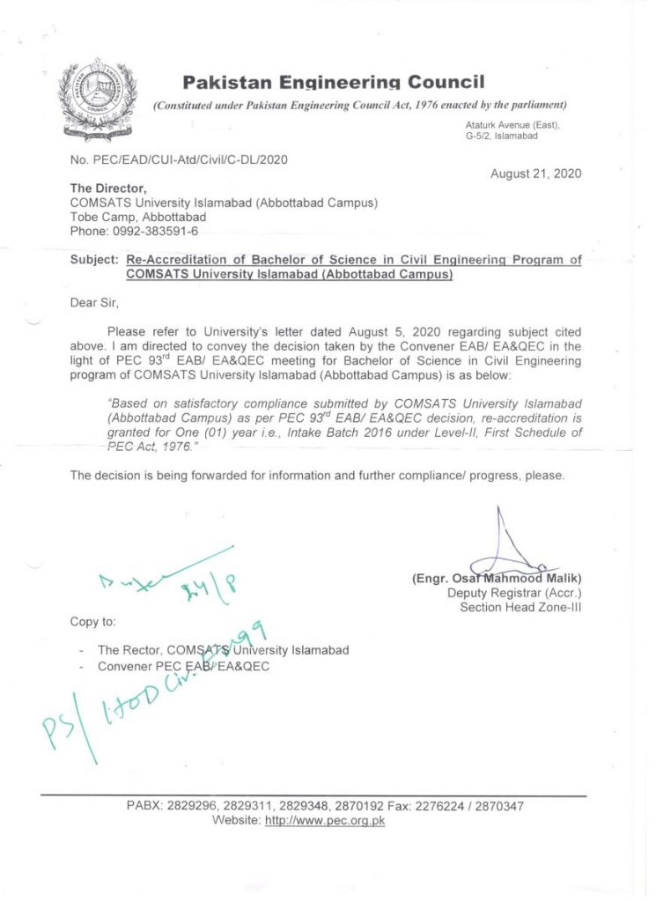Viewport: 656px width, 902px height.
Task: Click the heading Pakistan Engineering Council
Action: click(334, 83)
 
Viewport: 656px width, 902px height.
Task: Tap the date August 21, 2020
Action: click(536, 174)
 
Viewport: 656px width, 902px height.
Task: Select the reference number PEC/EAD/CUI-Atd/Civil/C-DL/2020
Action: click(179, 159)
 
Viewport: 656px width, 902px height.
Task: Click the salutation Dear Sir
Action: click(93, 303)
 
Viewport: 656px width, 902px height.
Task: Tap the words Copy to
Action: click(92, 622)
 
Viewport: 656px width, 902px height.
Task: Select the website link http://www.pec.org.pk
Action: click(325, 820)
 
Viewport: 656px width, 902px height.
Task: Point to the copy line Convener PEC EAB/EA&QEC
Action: click(184, 666)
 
